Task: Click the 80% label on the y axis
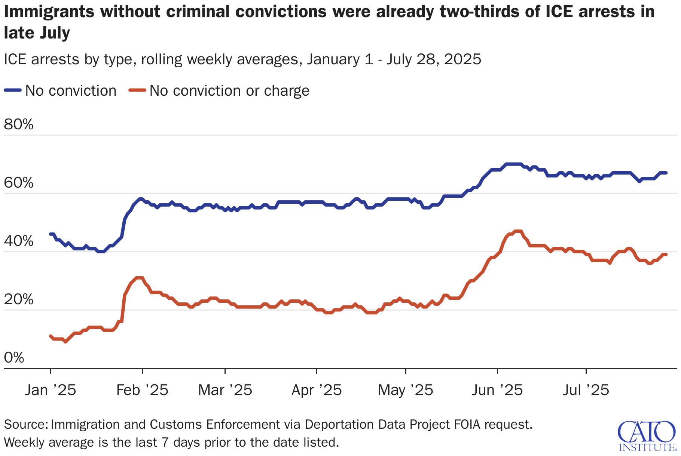point(19,124)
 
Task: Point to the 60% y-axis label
point(19,183)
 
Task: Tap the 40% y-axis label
point(19,241)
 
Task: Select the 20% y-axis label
point(19,300)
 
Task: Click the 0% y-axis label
point(14,358)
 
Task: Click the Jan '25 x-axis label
point(51,390)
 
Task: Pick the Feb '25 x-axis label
point(142,390)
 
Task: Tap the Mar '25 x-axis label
point(225,390)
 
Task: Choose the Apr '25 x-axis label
point(317,390)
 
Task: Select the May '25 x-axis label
point(406,390)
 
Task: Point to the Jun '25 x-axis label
point(497,390)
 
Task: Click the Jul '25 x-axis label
point(586,390)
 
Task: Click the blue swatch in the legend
point(13,90)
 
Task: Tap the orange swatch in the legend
point(137,90)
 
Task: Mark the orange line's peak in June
point(518,231)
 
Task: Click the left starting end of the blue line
point(51,234)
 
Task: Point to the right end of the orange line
point(666,255)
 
